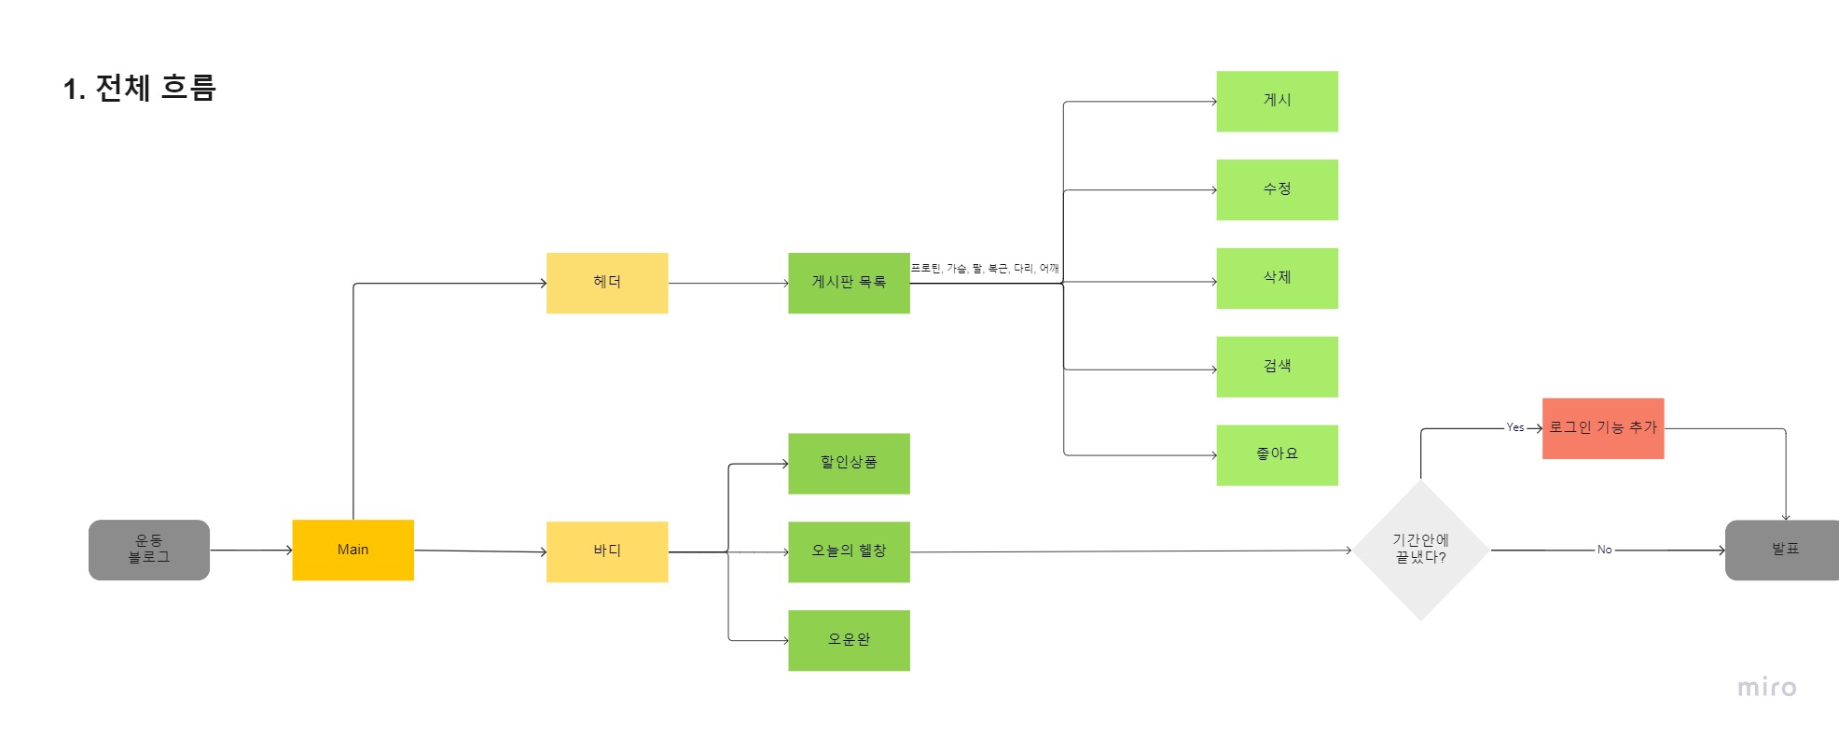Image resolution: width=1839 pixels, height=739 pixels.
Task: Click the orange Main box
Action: (x=353, y=550)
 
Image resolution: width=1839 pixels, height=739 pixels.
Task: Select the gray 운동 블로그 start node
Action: (x=149, y=550)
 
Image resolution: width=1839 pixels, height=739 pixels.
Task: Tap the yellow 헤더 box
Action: (x=607, y=283)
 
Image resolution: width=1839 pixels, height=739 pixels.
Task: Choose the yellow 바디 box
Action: (x=607, y=551)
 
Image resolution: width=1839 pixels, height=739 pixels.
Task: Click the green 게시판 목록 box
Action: (x=849, y=283)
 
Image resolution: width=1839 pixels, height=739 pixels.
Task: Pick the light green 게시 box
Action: (x=1277, y=101)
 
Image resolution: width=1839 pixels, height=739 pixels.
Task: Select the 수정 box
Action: (x=1277, y=189)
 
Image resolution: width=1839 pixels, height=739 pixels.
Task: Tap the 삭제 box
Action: (x=1277, y=278)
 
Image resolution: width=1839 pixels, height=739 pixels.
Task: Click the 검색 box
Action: (x=1277, y=367)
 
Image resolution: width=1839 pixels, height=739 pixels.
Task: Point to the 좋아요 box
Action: (x=1277, y=454)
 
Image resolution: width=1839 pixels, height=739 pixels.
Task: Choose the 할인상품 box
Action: (x=849, y=463)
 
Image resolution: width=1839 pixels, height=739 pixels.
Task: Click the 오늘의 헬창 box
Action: (x=849, y=551)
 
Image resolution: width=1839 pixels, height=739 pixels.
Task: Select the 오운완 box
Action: (x=849, y=640)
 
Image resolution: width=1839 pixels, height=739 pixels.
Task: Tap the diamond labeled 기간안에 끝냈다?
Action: (x=1420, y=550)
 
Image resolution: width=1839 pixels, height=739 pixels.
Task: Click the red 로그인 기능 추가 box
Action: (x=1602, y=428)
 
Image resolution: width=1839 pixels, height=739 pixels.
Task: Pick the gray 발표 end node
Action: (x=1783, y=550)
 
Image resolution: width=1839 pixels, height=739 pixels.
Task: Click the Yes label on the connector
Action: (x=1514, y=427)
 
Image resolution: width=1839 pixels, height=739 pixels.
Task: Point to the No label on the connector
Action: (x=1604, y=550)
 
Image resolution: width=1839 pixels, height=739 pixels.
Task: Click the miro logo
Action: (x=1766, y=688)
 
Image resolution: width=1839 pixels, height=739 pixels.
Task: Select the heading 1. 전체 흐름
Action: (x=140, y=88)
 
